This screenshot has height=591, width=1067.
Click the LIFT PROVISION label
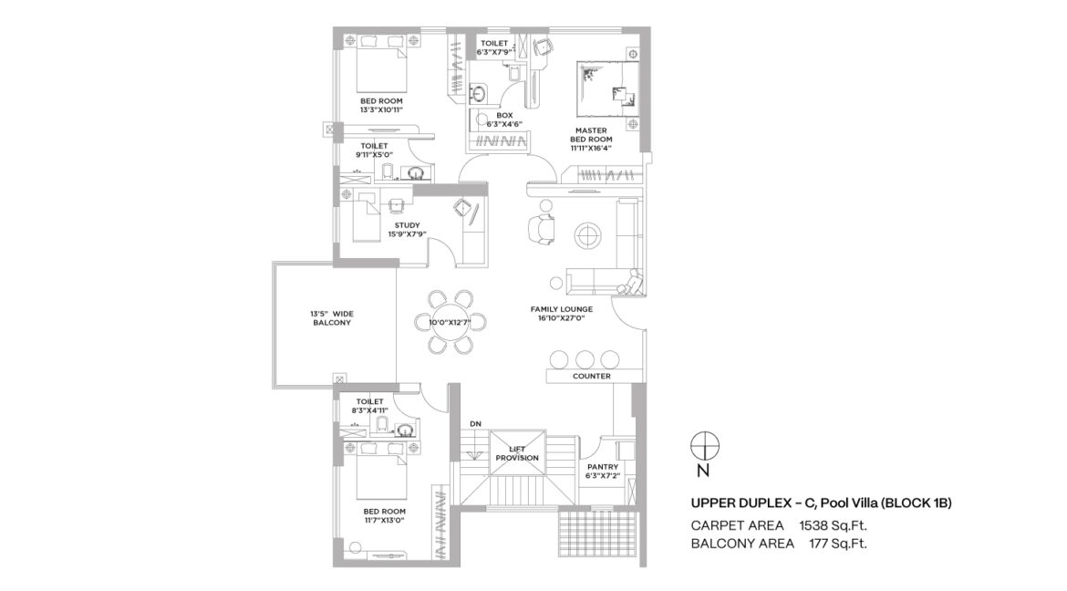pyautogui.click(x=517, y=453)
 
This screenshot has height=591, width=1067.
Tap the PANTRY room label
pyautogui.click(x=603, y=467)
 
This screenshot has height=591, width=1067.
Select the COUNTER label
pyautogui.click(x=591, y=376)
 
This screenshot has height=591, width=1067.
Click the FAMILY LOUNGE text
pyautogui.click(x=562, y=309)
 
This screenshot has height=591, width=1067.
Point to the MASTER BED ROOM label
pyautogui.click(x=591, y=135)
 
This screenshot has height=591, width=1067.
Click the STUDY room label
pyautogui.click(x=407, y=225)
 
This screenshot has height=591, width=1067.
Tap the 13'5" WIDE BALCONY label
pyautogui.click(x=332, y=318)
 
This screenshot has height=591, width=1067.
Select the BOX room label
pyautogui.click(x=504, y=116)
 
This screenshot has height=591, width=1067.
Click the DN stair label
pyautogui.click(x=475, y=424)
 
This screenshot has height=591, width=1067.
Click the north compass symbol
pyautogui.click(x=705, y=447)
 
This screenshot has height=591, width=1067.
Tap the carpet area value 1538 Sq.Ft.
pyautogui.click(x=833, y=525)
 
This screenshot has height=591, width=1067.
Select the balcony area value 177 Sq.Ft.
pyautogui.click(x=838, y=544)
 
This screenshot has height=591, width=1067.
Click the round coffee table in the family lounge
pyautogui.click(x=587, y=236)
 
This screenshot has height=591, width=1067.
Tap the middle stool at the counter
pyautogui.click(x=585, y=358)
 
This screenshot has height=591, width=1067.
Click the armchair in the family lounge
pyautogui.click(x=542, y=230)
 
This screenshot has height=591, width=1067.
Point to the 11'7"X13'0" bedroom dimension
pyautogui.click(x=385, y=520)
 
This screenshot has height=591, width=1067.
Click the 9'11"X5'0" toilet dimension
pyautogui.click(x=374, y=154)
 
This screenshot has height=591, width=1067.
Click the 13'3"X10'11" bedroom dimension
pyautogui.click(x=382, y=109)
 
